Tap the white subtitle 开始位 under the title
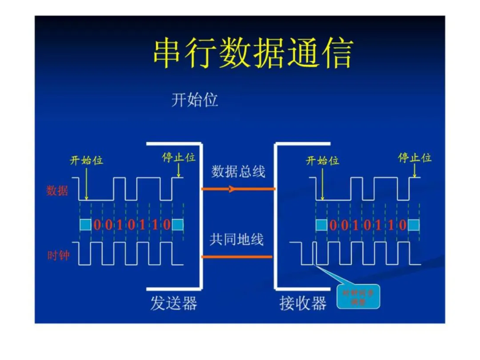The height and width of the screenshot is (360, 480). point(195,100)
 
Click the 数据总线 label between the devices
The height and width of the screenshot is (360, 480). point(238,172)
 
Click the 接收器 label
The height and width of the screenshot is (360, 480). point(303,304)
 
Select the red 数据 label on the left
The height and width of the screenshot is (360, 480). point(57,191)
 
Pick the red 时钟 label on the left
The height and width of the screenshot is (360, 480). point(58,256)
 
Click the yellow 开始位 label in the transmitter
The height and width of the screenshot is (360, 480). point(86,160)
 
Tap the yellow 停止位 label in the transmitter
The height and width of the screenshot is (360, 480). point(178,157)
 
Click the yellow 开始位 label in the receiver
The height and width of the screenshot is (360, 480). point(323,160)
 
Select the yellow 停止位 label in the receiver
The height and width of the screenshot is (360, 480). point(415,157)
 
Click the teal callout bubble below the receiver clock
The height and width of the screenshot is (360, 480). point(358,296)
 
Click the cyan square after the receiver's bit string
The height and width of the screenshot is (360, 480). point(414,225)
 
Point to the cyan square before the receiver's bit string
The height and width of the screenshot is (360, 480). point(321,225)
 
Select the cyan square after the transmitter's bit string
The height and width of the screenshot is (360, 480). point(178,225)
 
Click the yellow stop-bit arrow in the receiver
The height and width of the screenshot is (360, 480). point(415,170)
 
